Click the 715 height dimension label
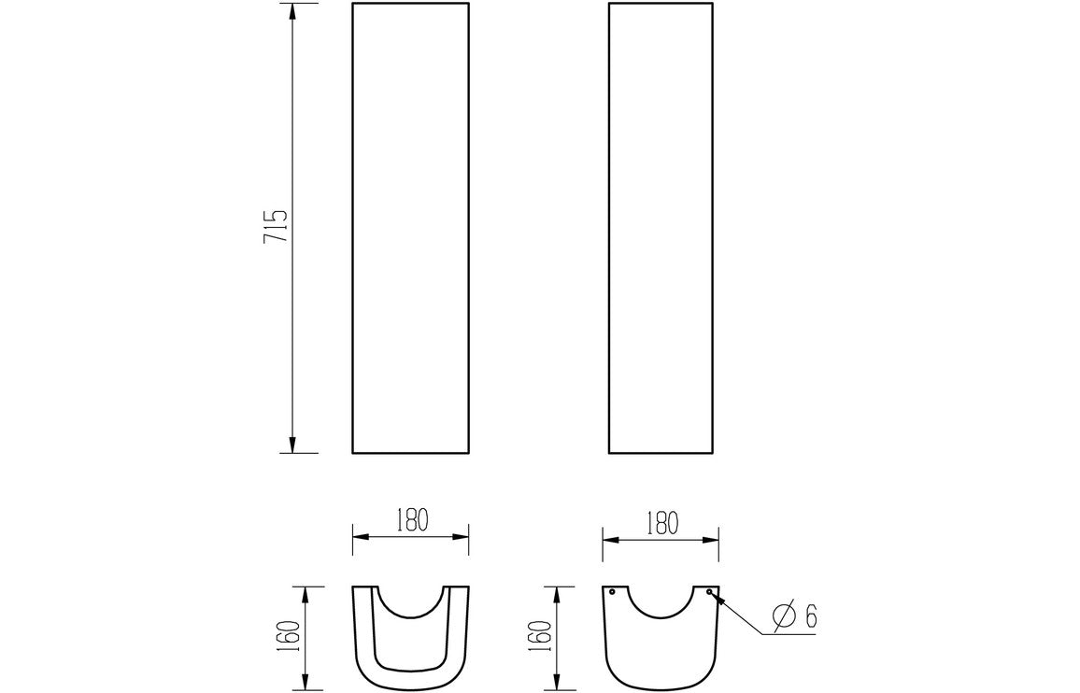[276, 228]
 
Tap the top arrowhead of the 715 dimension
[292, 12]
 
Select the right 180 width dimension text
[661, 521]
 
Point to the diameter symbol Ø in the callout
[783, 615]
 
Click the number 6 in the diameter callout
[810, 615]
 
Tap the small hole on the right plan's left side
[612, 592]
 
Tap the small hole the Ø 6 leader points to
[710, 592]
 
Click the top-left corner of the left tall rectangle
[352, 4]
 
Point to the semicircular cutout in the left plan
[410, 602]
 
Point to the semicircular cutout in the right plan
[661, 602]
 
